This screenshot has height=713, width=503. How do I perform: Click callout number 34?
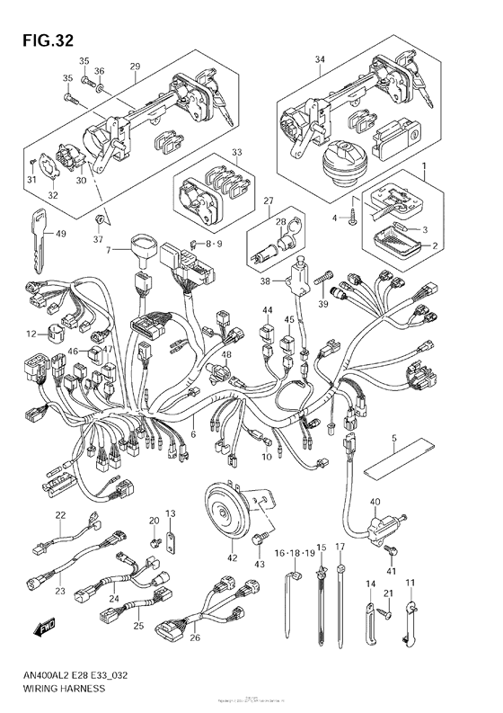(318, 60)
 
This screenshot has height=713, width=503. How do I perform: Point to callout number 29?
(136, 67)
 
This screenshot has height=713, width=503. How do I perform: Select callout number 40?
(375, 502)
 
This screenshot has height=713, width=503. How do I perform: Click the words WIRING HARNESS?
(59, 687)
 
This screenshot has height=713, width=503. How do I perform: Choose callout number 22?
(60, 515)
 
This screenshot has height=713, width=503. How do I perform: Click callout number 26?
(196, 639)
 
